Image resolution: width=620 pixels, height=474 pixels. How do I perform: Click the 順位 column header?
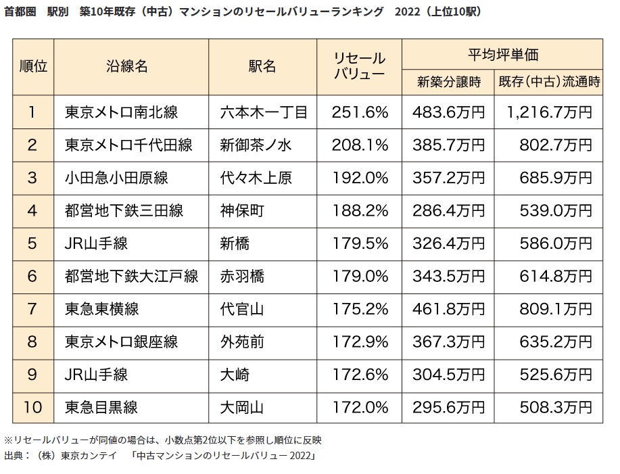point(33,66)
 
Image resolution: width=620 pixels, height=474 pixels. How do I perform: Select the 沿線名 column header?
point(127,66)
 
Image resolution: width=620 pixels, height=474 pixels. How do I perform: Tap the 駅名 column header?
point(262,66)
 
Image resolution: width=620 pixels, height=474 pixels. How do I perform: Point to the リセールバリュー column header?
point(360,66)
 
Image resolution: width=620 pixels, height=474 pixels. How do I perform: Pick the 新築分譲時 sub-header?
point(449,82)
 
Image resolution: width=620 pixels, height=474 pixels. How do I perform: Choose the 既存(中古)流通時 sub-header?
point(549,82)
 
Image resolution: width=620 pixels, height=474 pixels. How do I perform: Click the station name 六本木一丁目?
point(263,112)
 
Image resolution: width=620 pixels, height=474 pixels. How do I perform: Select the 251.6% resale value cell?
point(360,112)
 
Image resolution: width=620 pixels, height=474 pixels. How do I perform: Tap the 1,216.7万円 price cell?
point(548,112)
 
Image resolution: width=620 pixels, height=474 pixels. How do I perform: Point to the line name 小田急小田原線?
point(116,178)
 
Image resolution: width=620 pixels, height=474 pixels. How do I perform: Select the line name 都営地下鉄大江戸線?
point(131,276)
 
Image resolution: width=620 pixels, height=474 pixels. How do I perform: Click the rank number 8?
point(32,341)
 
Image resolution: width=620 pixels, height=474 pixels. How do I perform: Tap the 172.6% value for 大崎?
point(360,374)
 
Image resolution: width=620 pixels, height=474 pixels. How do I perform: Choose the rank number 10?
point(32,407)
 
